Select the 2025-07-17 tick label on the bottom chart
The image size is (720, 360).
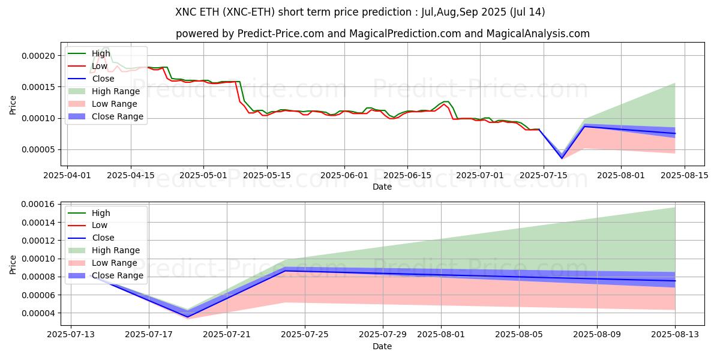pyautogui.click(x=149, y=334)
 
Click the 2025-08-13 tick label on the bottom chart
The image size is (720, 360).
pyautogui.click(x=674, y=334)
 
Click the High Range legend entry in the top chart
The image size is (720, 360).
pyautogui.click(x=115, y=91)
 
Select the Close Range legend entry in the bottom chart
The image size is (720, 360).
pyautogui.click(x=118, y=275)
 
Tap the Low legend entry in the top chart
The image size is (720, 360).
pyautogui.click(x=100, y=66)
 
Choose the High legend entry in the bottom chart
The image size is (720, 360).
pyautogui.click(x=101, y=213)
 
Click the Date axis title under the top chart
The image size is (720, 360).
pyautogui.click(x=382, y=187)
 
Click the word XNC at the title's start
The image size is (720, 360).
pyautogui.click(x=186, y=12)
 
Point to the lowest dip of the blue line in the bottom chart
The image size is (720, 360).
pyautogui.click(x=188, y=316)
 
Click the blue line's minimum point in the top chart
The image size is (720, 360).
pyautogui.click(x=562, y=158)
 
